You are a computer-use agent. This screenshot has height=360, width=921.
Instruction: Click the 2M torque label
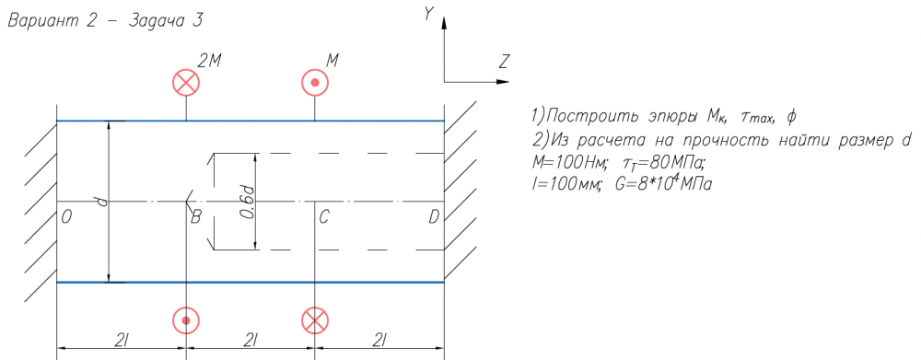(208, 62)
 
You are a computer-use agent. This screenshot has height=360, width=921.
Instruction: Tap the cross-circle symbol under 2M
(186, 82)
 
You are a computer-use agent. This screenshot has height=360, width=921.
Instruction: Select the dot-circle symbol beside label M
(315, 82)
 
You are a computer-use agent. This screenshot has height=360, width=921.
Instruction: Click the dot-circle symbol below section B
(186, 320)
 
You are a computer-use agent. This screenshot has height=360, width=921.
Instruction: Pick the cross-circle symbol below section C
(315, 320)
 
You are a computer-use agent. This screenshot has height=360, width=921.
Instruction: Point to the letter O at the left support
(65, 218)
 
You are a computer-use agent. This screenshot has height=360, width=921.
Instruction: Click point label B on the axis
(196, 218)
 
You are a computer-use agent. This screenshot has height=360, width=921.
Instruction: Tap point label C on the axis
(323, 218)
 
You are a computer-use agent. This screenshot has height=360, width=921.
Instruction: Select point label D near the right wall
(434, 218)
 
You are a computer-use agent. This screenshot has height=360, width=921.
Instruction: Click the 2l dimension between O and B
(121, 340)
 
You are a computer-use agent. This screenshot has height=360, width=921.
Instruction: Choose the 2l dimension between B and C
(251, 340)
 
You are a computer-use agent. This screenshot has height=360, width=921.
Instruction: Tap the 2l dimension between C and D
(378, 340)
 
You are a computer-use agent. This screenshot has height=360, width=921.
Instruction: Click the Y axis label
(429, 15)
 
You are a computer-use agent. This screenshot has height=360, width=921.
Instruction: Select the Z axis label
(505, 61)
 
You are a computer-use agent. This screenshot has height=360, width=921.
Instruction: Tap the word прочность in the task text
(747, 140)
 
